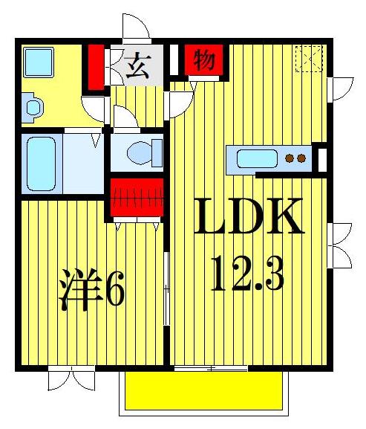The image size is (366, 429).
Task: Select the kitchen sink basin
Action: [x=256, y=158]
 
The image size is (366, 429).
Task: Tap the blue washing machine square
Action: [x=38, y=61]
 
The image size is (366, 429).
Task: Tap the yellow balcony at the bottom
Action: [x=203, y=390]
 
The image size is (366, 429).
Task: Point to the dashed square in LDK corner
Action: [x=307, y=58]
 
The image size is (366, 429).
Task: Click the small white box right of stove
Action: [x=322, y=158]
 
